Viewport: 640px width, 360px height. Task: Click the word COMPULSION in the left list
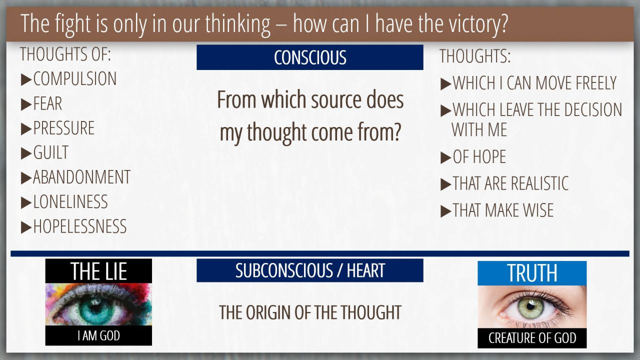tap(75, 79)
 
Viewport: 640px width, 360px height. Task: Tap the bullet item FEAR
tap(47, 103)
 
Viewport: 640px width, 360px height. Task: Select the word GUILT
tap(51, 152)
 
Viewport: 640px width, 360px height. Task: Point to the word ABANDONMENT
tap(81, 177)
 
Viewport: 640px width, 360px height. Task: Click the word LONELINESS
tap(70, 201)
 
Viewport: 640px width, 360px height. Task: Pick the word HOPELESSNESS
tap(80, 226)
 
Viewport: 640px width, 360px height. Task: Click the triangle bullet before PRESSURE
tap(26, 129)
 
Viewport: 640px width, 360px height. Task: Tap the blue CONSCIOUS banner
tap(309, 57)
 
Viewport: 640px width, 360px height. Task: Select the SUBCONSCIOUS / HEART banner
tap(309, 270)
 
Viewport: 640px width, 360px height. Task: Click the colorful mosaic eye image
tap(98, 304)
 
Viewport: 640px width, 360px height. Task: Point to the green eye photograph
tap(532, 307)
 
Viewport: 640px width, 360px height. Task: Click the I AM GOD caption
tap(98, 335)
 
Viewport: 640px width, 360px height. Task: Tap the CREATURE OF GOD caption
tap(532, 338)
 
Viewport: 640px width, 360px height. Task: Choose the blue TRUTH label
tap(532, 273)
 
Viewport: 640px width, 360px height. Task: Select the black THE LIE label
tap(98, 271)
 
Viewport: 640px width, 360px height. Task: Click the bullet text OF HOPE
tap(479, 157)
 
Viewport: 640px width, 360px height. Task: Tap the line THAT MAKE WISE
tap(503, 210)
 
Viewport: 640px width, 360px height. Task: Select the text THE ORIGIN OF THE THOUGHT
tap(310, 312)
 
